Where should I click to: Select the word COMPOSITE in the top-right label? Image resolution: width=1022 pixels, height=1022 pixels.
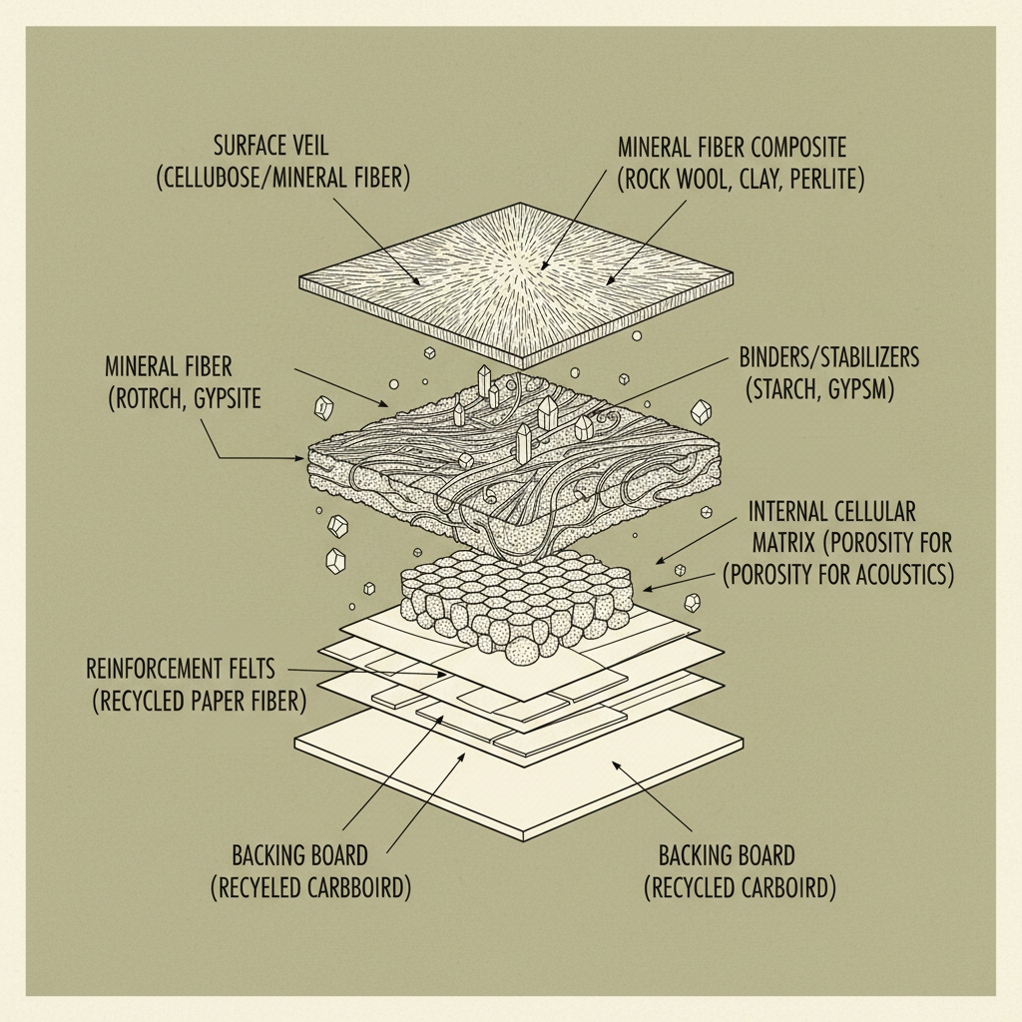(789, 149)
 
